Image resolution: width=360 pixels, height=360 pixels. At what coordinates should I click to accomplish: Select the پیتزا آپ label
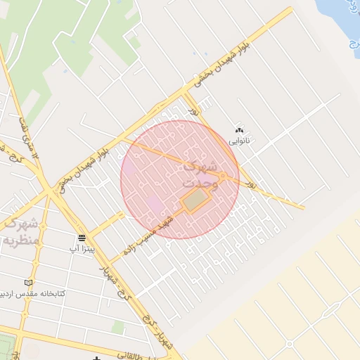pos(79,248)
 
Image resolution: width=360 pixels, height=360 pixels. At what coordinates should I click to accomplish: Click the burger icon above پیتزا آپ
pos(82,238)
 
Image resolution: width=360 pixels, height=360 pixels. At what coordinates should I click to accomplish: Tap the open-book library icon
pos(28,282)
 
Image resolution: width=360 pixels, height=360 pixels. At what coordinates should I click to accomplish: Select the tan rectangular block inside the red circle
pos(196,201)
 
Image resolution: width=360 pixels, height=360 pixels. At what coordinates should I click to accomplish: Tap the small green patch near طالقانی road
pos(118,327)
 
